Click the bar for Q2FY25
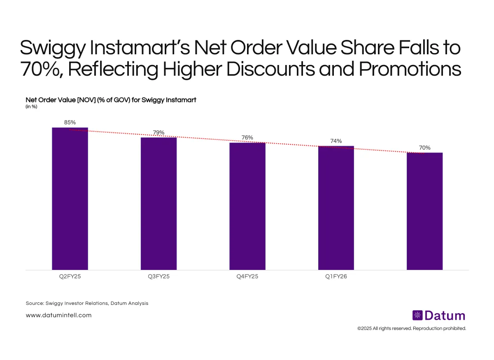point(70,199)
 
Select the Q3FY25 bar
point(158,204)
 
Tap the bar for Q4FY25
point(247,206)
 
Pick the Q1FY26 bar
point(336,208)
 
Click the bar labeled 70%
point(424,211)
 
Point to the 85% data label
point(70,123)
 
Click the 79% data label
point(158,132)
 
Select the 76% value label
point(247,137)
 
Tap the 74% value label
point(336,141)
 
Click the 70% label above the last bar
point(425,148)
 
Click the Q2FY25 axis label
point(70,276)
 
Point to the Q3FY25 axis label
point(158,276)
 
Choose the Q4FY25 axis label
point(247,276)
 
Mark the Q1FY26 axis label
point(336,276)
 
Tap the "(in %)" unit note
point(32,107)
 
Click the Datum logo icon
point(417,316)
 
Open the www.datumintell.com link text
point(58,315)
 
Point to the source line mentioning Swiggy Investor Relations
point(86,303)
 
